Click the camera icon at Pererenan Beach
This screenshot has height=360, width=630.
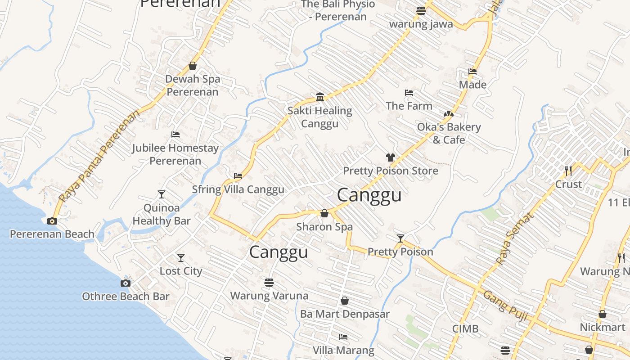point(52,221)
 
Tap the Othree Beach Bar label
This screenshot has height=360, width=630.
point(126,296)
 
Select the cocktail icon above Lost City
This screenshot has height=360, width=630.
point(181,258)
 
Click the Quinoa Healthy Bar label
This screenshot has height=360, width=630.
point(162,214)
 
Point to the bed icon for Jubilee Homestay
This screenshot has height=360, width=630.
point(175,135)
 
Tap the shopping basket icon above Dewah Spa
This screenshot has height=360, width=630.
point(193,66)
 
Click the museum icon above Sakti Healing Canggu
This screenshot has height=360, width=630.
point(320,97)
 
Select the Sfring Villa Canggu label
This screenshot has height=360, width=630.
point(238,189)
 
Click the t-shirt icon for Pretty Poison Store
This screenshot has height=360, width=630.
point(390,157)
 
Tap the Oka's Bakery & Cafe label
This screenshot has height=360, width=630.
point(449,133)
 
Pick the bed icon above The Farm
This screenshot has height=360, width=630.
point(409,93)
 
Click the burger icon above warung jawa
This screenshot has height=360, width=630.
point(421,10)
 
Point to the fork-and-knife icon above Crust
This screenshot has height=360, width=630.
point(568,171)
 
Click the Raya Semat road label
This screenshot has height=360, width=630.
point(514,238)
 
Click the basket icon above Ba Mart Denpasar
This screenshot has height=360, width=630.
point(345,300)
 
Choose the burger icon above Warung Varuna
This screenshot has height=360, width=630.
point(269,283)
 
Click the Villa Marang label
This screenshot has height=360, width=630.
point(343,350)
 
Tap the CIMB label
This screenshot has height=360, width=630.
point(465,328)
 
